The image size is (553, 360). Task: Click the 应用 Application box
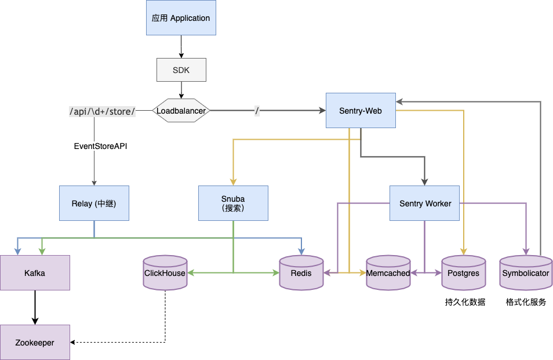tap(181, 18)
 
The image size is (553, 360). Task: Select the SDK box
tap(181, 70)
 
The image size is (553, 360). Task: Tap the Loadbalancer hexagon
tap(181, 110)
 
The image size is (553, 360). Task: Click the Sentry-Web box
tap(361, 110)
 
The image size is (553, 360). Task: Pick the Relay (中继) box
tap(94, 203)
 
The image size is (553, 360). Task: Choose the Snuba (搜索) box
tap(233, 203)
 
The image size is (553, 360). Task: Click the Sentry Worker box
tap(424, 203)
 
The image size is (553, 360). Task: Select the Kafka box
tap(35, 272)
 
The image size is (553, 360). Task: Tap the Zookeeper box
tap(35, 343)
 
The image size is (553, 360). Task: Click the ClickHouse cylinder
tap(165, 273)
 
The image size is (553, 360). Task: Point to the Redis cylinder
tap(301, 273)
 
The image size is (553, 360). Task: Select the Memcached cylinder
tap(388, 273)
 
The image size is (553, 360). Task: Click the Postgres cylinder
tap(464, 273)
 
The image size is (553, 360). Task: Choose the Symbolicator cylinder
tap(525, 273)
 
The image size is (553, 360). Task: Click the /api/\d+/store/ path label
tap(102, 111)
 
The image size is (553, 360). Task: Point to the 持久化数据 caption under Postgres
tap(465, 302)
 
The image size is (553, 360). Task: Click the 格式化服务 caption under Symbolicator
tap(526, 302)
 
